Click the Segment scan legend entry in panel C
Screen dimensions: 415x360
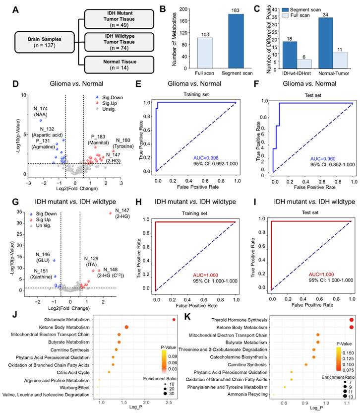[x=320, y=10]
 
